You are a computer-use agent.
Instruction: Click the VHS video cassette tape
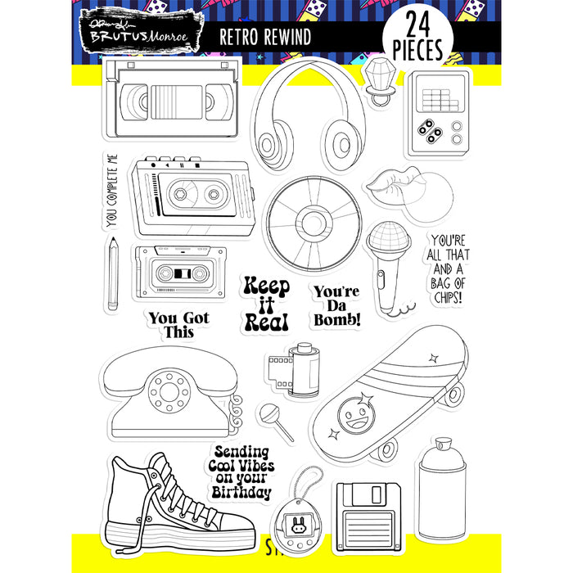(173, 102)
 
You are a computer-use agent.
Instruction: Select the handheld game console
(439, 114)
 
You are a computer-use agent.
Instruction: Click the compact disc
(314, 221)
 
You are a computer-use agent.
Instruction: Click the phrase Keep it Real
(267, 304)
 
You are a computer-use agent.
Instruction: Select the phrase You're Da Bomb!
(336, 305)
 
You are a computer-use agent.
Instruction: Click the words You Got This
(178, 324)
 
